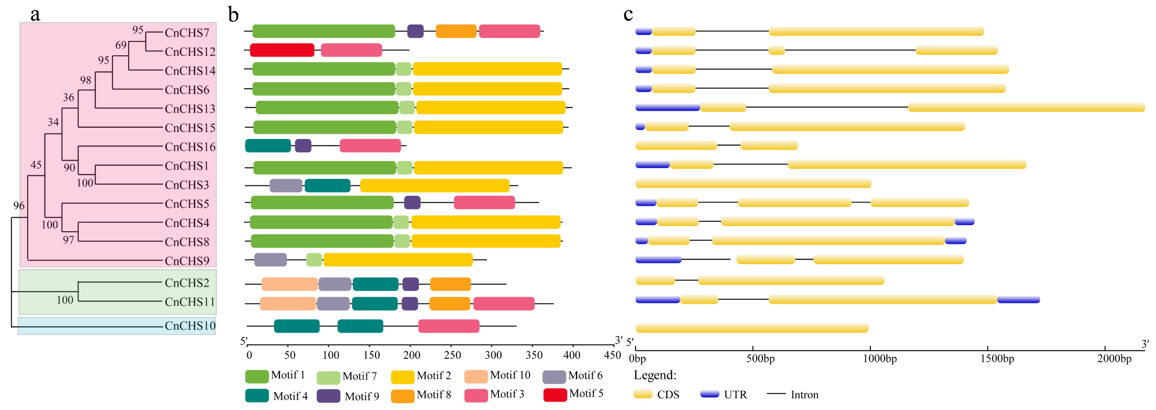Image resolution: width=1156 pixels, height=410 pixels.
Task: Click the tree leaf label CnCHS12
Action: click(190, 52)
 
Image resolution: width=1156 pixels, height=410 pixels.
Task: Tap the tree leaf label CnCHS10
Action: click(190, 326)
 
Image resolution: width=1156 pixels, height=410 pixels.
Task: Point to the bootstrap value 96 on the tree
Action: click(19, 206)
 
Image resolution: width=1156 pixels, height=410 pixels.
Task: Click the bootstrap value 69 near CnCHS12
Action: click(121, 45)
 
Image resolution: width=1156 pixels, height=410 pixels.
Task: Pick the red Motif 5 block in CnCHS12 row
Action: click(282, 50)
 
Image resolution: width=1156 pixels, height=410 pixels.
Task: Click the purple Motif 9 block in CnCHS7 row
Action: click(415, 31)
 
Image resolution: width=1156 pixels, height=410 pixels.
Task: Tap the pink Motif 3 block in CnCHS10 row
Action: click(448, 326)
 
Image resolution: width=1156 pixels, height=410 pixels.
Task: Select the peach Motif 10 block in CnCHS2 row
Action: click(289, 284)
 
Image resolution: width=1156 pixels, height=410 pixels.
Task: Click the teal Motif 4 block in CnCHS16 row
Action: click(268, 146)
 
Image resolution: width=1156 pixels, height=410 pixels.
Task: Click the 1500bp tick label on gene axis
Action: click(997, 359)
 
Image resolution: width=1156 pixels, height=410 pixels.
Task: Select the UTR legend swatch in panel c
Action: click(709, 394)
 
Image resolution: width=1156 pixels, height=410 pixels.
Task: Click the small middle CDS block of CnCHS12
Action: click(776, 50)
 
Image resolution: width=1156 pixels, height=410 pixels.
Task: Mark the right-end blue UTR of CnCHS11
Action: click(1018, 300)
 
